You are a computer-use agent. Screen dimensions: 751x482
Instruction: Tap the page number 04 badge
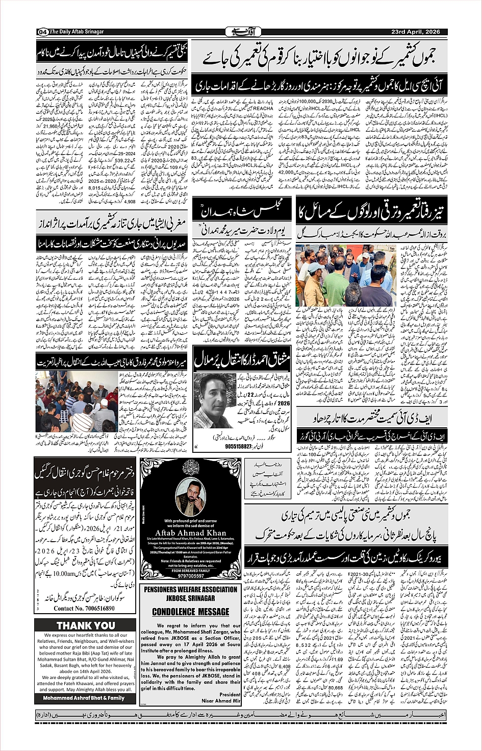click(41, 32)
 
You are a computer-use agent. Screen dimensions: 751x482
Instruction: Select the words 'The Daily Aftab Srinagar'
click(77, 32)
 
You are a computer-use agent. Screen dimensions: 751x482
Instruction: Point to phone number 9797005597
click(191, 575)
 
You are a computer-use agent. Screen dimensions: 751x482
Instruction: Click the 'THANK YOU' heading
click(86, 625)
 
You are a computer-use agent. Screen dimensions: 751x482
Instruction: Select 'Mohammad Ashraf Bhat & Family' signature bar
click(84, 697)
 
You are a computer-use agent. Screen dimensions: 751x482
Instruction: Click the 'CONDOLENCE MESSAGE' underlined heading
click(190, 612)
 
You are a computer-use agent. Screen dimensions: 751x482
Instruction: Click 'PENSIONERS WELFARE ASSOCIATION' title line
click(191, 589)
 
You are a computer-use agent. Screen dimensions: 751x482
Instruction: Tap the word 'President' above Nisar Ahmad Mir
click(230, 694)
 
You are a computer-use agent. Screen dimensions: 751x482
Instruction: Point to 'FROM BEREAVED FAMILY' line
click(191, 570)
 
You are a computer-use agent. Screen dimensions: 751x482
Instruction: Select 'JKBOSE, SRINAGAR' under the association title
click(191, 598)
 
